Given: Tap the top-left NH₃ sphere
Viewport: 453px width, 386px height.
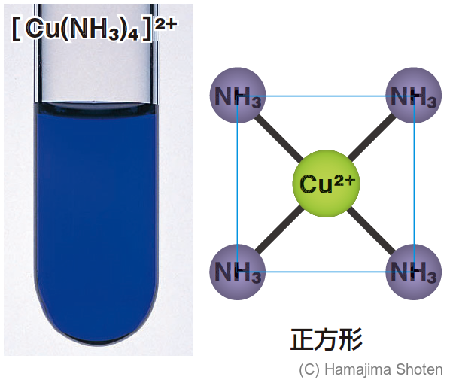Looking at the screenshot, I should coord(238,96).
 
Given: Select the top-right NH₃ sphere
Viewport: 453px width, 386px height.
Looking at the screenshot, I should coord(412,96).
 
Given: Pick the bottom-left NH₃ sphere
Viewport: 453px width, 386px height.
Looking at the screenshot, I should coord(238,272).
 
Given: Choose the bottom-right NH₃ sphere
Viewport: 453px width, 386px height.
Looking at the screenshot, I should coord(412,272).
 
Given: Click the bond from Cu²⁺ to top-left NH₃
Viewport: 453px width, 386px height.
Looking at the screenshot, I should coord(277,136).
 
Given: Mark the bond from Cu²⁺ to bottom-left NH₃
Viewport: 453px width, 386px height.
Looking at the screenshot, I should coord(277,233).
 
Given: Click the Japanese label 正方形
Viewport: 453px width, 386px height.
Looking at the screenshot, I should coord(326,339).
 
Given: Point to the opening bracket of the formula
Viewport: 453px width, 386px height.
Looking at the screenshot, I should coord(16,32).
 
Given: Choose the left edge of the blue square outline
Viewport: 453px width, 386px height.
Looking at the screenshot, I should coord(238,184).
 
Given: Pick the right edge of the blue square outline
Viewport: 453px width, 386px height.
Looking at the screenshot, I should coord(413,184).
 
